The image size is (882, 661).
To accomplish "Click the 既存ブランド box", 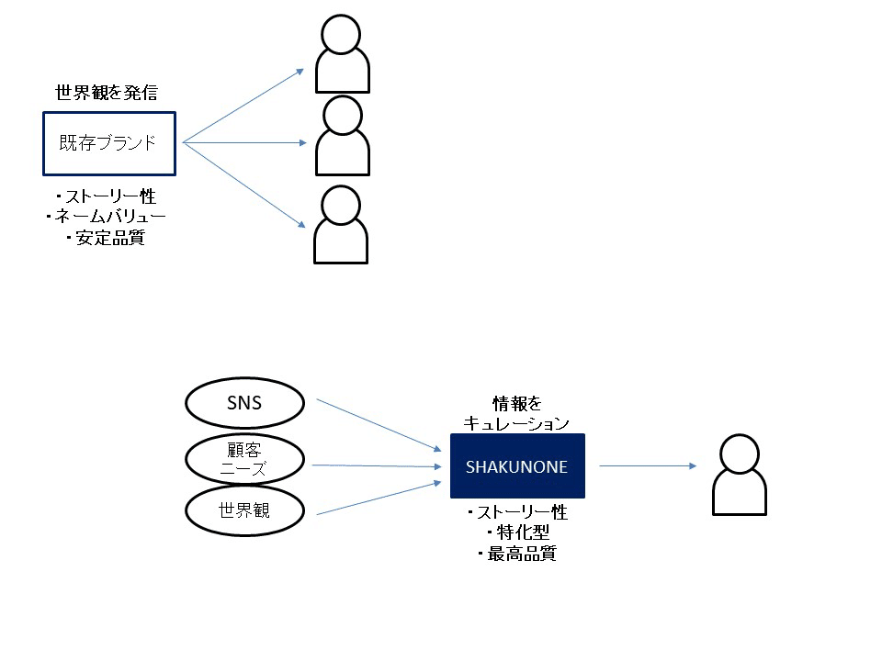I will (x=108, y=143).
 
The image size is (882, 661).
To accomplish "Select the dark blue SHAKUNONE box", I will (x=516, y=466).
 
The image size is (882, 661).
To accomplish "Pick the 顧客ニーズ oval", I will (x=243, y=458).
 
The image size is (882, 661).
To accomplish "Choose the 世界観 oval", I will (x=243, y=510).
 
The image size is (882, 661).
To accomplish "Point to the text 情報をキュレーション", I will (x=516, y=413).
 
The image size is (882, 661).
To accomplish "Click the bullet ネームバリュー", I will (x=106, y=217).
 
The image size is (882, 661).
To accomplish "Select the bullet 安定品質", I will (x=106, y=239).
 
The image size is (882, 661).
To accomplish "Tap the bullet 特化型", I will (x=516, y=533).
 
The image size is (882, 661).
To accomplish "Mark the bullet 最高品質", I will (x=516, y=555).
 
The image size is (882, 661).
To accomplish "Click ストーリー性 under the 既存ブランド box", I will (x=106, y=196).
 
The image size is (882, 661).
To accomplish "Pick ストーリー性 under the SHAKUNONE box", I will (x=516, y=512).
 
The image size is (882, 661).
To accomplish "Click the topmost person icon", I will (x=342, y=54).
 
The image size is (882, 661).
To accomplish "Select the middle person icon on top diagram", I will (x=342, y=136).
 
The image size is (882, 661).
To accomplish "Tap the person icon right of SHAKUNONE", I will (x=741, y=475).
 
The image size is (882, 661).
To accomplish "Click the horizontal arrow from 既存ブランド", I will (x=243, y=142).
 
